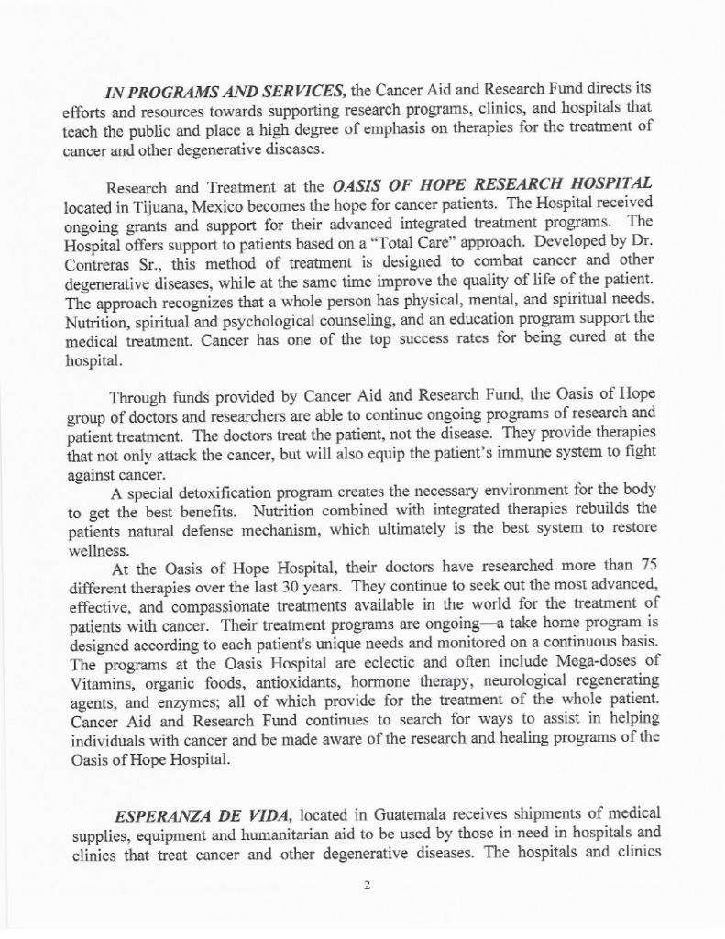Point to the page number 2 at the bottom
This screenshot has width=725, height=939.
coord(365,886)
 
